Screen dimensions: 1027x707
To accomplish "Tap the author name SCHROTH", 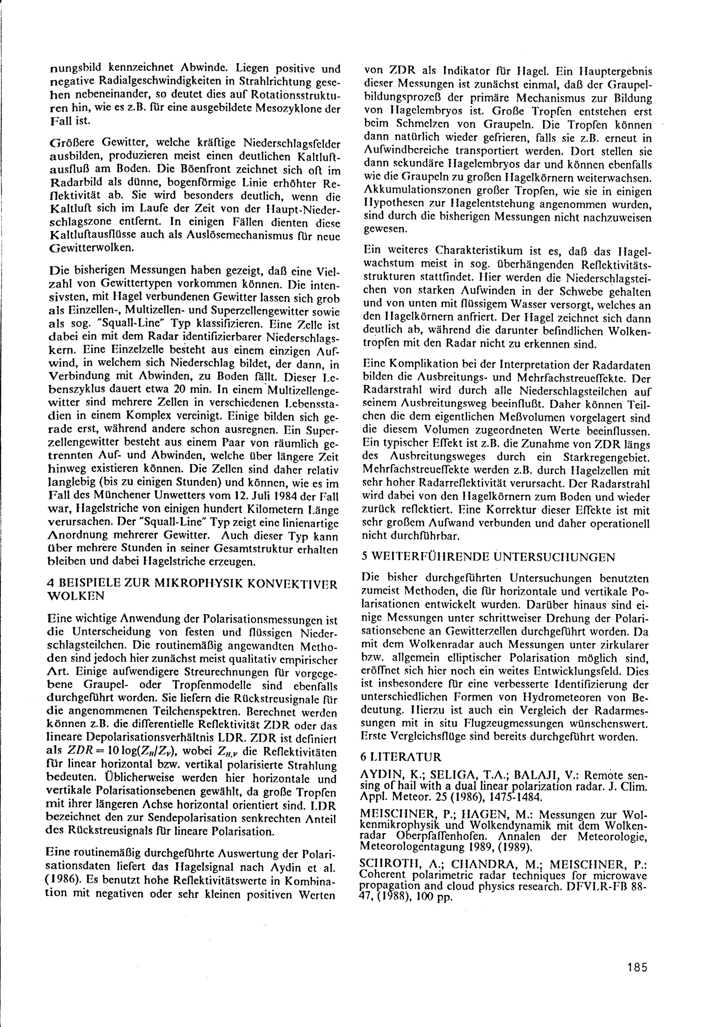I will (x=386, y=864).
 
